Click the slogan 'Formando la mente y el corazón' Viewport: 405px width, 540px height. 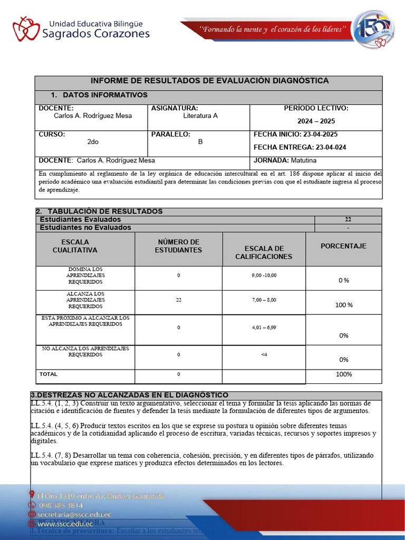[x=273, y=29]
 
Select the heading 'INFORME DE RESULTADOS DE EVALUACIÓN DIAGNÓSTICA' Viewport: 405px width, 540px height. [x=209, y=81]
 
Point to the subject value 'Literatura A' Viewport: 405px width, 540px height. [x=200, y=116]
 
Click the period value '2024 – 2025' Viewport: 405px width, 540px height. [x=316, y=121]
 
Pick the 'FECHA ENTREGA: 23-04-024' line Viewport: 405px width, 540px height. [x=300, y=147]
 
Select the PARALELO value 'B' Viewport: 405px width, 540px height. [x=200, y=142]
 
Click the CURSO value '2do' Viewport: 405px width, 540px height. [x=93, y=142]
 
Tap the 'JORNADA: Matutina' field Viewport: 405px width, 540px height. [x=285, y=160]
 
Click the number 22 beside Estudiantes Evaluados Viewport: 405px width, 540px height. [x=348, y=219]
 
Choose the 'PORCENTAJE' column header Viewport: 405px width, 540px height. [x=343, y=246]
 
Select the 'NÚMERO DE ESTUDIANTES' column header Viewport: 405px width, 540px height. [x=178, y=246]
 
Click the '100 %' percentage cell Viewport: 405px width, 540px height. [x=344, y=305]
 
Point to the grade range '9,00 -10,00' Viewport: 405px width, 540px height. [x=264, y=275]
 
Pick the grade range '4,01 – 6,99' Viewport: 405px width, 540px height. [x=264, y=327]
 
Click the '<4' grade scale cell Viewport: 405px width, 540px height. [x=264, y=354]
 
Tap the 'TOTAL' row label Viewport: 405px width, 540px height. [x=48, y=374]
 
